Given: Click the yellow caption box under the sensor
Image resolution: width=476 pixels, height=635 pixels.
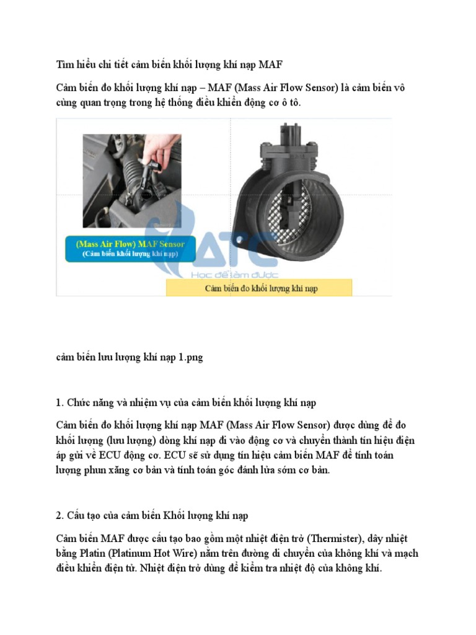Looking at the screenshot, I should pos(259,288).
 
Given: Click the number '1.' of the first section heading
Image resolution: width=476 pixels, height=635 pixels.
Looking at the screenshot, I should pos(60,402).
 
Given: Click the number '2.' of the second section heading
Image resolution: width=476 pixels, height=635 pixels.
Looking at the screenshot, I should pos(60,515).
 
